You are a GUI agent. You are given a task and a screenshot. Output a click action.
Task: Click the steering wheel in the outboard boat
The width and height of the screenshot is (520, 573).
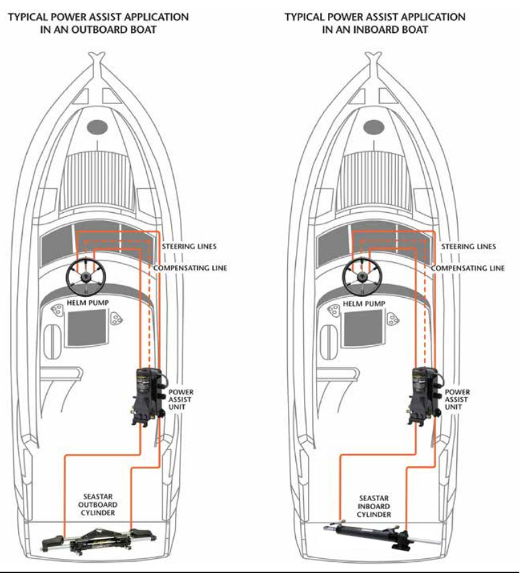(85, 275)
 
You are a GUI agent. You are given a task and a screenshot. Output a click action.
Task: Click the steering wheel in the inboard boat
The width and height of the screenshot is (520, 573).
(362, 275)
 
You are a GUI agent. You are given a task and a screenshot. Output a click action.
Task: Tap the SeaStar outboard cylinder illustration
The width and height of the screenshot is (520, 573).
(98, 541)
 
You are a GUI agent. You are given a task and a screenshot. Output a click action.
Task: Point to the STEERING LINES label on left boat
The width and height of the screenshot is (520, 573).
(189, 247)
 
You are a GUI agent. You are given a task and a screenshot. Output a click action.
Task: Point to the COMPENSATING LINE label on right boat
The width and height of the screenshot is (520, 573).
(467, 268)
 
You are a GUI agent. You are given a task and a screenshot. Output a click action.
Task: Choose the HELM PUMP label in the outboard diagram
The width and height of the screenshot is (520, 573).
(87, 304)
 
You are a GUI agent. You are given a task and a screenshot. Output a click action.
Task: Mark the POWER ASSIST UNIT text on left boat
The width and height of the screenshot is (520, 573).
(180, 399)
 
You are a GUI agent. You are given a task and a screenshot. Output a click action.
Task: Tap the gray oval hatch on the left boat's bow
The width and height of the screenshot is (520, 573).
(99, 126)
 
